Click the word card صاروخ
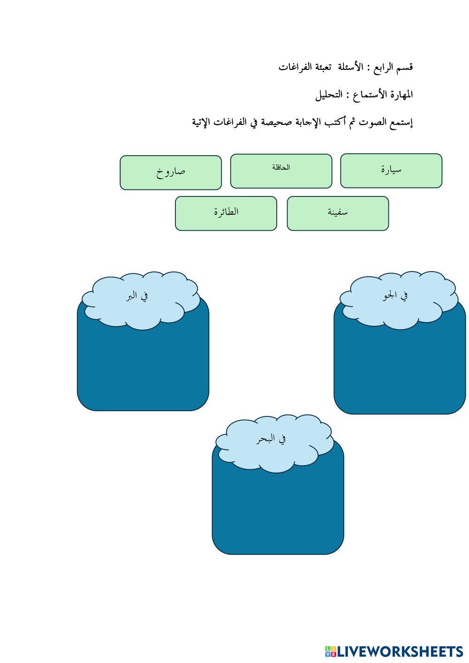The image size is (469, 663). (171, 173)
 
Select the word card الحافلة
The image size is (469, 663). (281, 171)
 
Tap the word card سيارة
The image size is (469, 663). (391, 170)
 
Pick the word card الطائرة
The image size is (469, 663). (226, 213)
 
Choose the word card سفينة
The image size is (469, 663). (338, 213)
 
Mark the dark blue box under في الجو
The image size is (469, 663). (400, 370)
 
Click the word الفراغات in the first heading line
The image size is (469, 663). (295, 67)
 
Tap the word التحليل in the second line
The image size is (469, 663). (328, 95)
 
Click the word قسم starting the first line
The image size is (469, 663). (405, 67)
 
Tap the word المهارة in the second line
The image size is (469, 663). (400, 95)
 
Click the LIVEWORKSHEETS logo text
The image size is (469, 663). (399, 651)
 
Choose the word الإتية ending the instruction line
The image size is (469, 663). (203, 122)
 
